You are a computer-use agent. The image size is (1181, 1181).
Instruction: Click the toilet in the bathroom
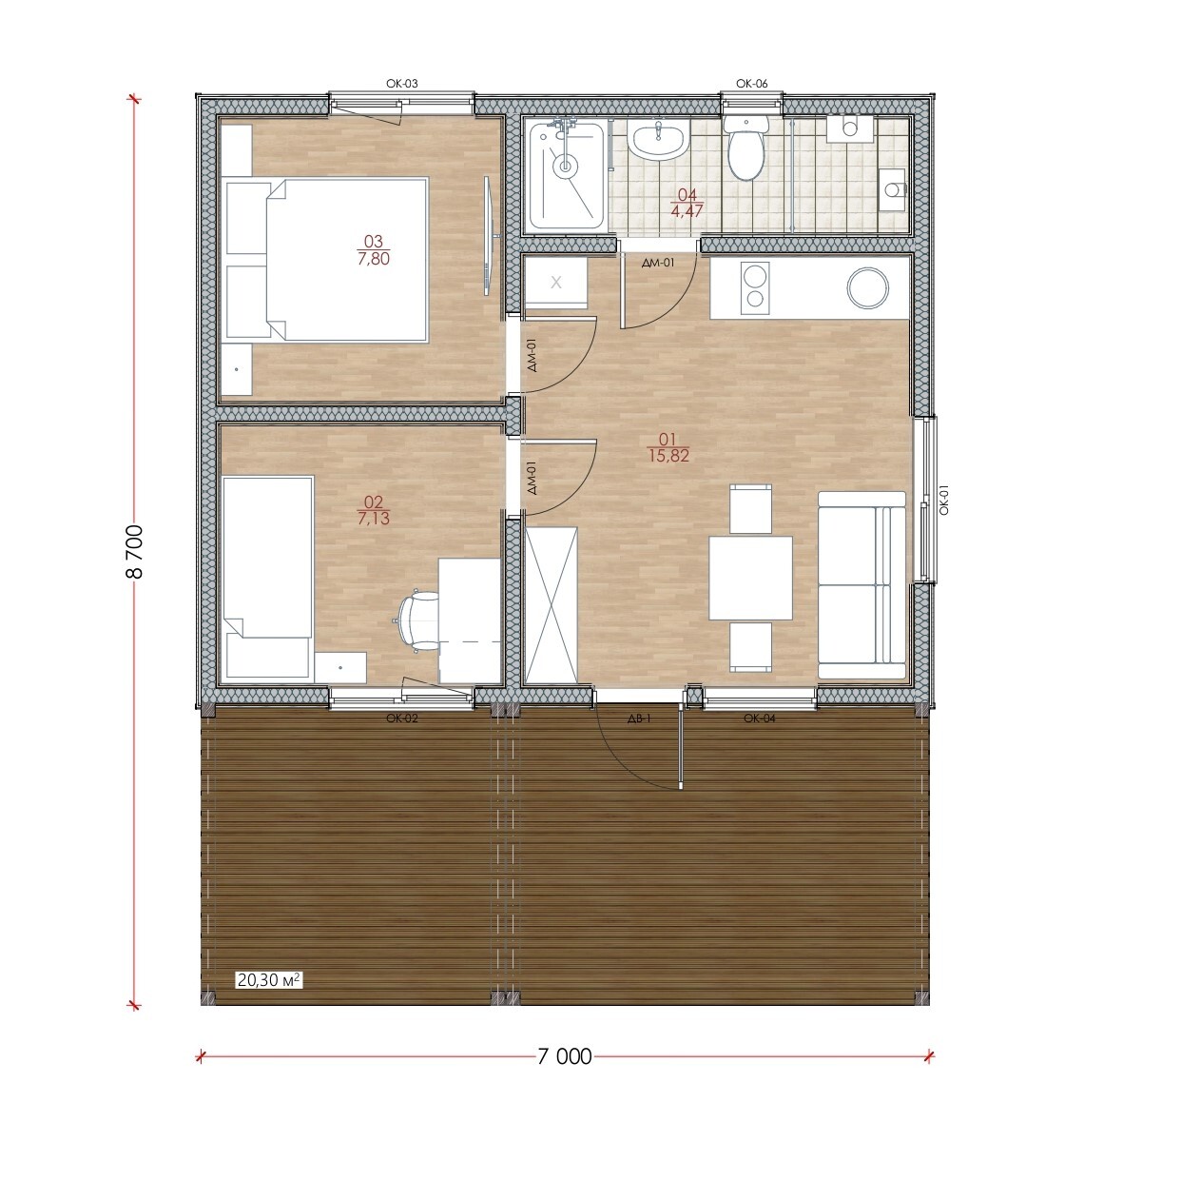[745, 147]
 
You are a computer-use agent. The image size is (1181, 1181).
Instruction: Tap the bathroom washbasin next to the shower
[658, 141]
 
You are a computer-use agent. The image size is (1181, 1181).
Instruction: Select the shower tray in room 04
[568, 175]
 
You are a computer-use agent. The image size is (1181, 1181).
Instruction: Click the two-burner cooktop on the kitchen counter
[755, 285]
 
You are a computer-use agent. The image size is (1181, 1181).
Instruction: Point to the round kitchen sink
[868, 287]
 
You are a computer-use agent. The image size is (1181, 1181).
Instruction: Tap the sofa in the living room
[862, 584]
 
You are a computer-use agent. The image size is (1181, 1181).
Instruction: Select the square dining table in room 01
[751, 578]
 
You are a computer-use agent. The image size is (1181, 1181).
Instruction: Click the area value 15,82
[668, 456]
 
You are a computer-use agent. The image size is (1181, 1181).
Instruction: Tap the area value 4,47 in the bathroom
[687, 210]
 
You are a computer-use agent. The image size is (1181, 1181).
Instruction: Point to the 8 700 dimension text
[134, 551]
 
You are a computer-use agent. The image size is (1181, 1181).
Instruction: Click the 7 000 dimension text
[565, 1056]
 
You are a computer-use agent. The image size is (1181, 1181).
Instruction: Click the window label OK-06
[751, 84]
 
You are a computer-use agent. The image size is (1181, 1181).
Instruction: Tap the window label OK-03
[402, 84]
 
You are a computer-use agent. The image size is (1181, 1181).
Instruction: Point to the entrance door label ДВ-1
[639, 719]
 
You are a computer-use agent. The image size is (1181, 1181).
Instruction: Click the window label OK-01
[944, 500]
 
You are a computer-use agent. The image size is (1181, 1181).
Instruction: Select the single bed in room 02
[268, 578]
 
